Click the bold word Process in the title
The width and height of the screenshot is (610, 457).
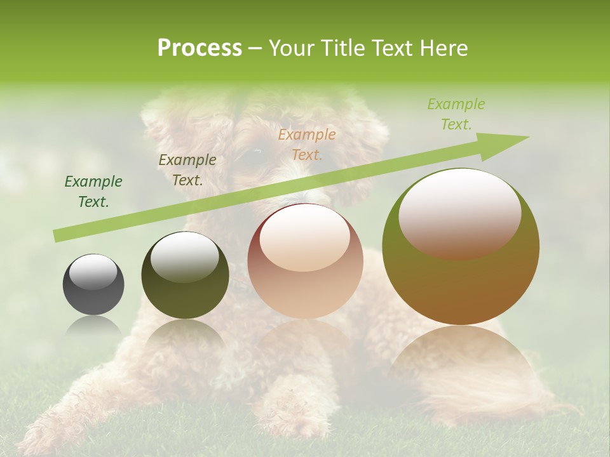pyautogui.click(x=200, y=48)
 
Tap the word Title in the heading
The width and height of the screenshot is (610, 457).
pyautogui.click(x=344, y=48)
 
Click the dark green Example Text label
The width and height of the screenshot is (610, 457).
pyautogui.click(x=93, y=192)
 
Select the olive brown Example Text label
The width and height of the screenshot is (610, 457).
pyautogui.click(x=187, y=170)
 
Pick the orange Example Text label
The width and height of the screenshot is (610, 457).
pyautogui.click(x=307, y=144)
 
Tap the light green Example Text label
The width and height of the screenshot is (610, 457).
pyautogui.click(x=456, y=114)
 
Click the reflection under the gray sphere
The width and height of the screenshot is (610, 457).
pyautogui.click(x=93, y=327)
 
